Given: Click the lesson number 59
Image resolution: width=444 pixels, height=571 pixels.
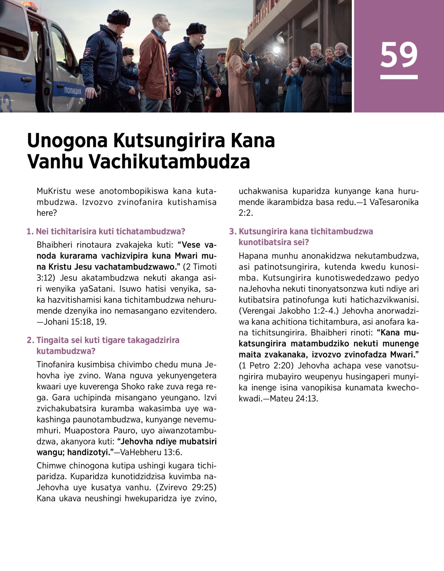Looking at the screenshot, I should pyautogui.click(x=398, y=54).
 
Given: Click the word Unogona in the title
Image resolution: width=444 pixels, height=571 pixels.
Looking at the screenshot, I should pyautogui.click(x=67, y=141).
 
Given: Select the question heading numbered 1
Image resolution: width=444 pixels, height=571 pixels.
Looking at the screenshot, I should pyautogui.click(x=106, y=232).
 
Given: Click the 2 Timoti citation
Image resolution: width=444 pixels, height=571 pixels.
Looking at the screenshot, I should pyautogui.click(x=200, y=267).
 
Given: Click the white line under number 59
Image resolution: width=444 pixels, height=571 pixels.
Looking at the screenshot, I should pyautogui.click(x=398, y=77).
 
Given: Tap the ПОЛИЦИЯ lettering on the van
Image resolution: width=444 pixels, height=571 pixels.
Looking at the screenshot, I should pyautogui.click(x=73, y=91).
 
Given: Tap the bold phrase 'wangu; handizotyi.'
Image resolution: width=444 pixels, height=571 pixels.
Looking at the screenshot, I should pyautogui.click(x=73, y=452).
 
